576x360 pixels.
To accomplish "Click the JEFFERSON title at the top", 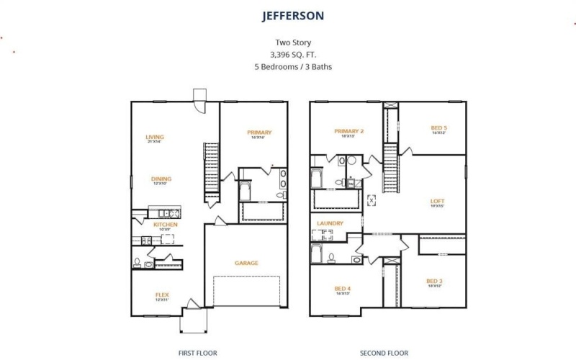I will click(x=293, y=15).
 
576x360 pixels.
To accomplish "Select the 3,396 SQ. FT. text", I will click(x=293, y=54).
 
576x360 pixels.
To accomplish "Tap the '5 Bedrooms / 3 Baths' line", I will click(x=293, y=66).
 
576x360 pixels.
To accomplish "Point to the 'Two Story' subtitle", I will click(x=293, y=42).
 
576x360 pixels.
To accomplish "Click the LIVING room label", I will click(x=155, y=137).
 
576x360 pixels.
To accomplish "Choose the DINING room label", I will click(x=161, y=179).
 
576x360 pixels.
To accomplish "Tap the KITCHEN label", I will click(x=165, y=225).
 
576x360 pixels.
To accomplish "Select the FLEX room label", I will click(x=162, y=294).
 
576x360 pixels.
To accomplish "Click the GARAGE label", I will click(x=246, y=263).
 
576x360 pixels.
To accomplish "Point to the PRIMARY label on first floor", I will click(x=259, y=132).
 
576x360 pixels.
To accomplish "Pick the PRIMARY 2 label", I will click(x=349, y=131).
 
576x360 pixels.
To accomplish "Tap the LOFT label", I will click(x=437, y=201).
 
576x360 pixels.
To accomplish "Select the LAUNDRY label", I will click(x=330, y=223).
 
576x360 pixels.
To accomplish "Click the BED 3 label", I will click(x=433, y=281).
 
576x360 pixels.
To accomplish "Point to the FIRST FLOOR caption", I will click(x=197, y=354).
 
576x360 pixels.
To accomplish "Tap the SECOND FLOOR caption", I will click(x=384, y=354).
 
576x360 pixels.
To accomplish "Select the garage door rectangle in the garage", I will click(x=246, y=295).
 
